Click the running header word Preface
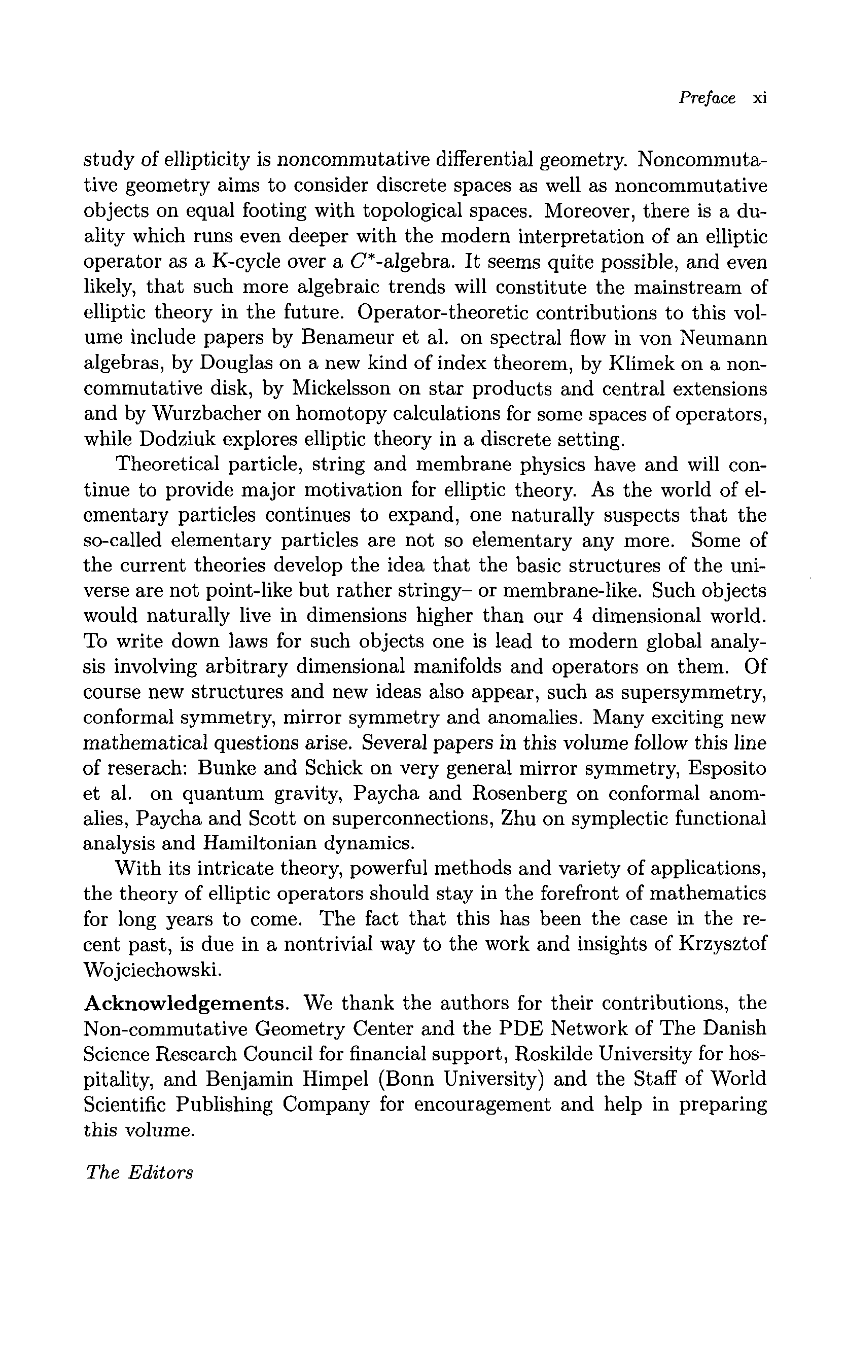(x=707, y=98)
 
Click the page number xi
(x=759, y=98)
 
